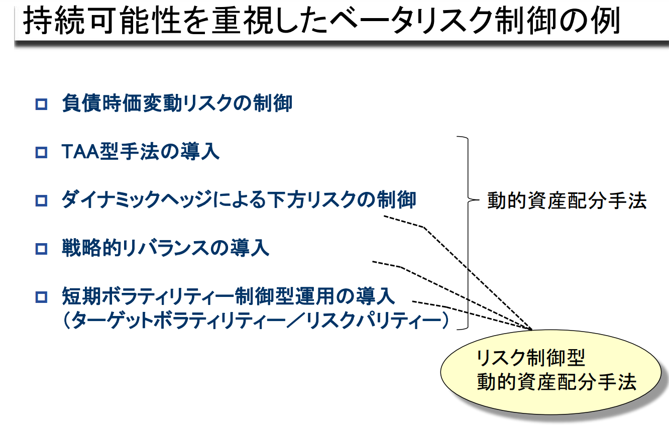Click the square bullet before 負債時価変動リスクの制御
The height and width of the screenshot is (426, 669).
tap(41, 104)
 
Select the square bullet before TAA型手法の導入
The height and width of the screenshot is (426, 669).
tap(41, 152)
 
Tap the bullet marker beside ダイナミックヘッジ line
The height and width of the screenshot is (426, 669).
tap(41, 200)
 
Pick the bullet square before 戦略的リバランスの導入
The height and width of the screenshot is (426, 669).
tap(41, 249)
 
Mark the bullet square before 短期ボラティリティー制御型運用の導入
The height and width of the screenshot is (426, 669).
tap(41, 297)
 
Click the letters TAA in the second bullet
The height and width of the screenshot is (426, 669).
tap(80, 151)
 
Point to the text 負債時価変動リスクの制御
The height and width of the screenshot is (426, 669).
tap(177, 103)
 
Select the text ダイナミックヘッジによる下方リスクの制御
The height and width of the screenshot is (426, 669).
tap(239, 199)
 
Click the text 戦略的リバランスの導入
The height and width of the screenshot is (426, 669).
tap(165, 248)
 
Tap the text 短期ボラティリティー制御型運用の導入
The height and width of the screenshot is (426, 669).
tap(229, 296)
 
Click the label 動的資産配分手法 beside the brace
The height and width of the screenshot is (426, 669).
tap(567, 200)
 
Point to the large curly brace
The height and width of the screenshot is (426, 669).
tap(468, 233)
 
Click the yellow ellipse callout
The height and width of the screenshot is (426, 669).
tap(551, 372)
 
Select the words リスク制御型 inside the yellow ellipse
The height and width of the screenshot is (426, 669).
tap(530, 358)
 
